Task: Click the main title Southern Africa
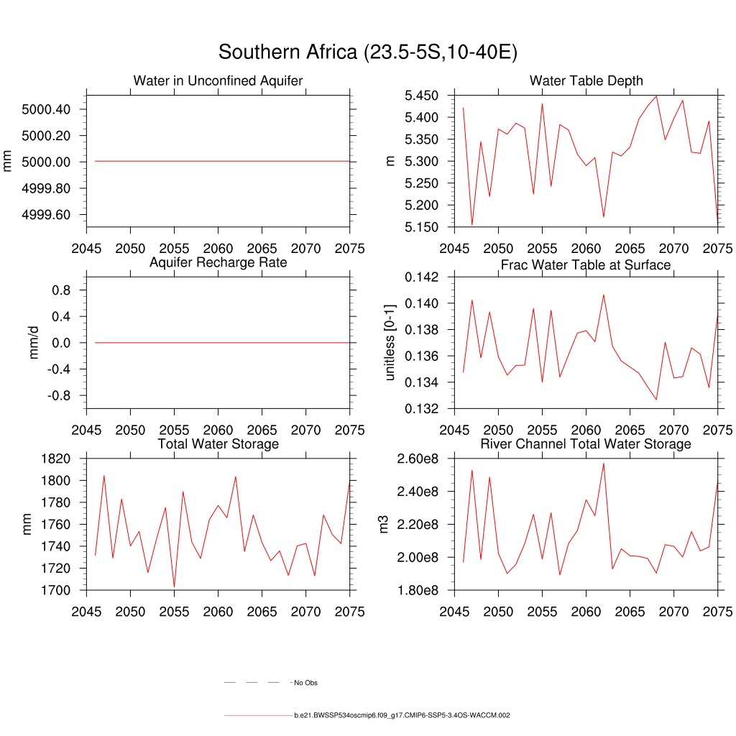(x=368, y=52)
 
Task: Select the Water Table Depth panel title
(x=586, y=80)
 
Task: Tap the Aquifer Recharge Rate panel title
(x=218, y=262)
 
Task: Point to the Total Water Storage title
(x=218, y=444)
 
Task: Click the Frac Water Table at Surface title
(x=586, y=265)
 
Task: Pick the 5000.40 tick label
(x=46, y=109)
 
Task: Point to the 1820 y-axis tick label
(x=55, y=459)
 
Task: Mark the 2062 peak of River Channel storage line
(x=604, y=463)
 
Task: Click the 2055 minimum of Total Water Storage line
(x=175, y=587)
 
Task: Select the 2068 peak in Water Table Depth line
(x=656, y=96)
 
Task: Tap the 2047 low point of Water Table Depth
(x=472, y=225)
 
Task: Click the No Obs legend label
(x=305, y=682)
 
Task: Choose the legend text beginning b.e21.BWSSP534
(x=402, y=716)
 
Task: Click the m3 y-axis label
(x=384, y=525)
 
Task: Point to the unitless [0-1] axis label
(x=390, y=343)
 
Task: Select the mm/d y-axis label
(x=34, y=343)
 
